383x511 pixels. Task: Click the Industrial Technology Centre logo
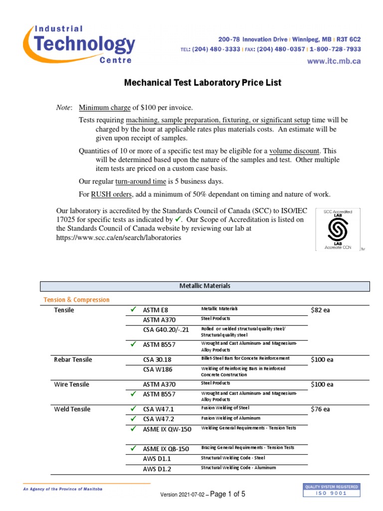tap(80, 44)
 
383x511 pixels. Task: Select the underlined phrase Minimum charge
tap(105, 107)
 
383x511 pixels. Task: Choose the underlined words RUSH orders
tap(110, 194)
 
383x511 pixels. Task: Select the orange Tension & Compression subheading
tap(77, 300)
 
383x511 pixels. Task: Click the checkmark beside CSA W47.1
tap(133, 409)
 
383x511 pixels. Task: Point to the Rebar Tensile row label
tap(73, 360)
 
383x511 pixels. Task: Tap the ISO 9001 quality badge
tap(331, 490)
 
